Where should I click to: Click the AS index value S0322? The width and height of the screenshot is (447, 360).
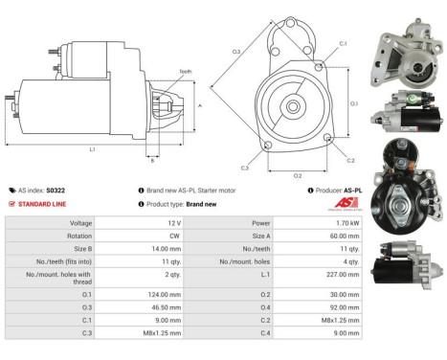tap(56, 191)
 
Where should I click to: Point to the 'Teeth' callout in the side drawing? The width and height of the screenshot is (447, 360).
tap(185, 71)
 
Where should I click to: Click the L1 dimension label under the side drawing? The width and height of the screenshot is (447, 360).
tap(92, 150)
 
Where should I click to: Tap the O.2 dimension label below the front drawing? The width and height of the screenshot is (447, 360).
tap(298, 176)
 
